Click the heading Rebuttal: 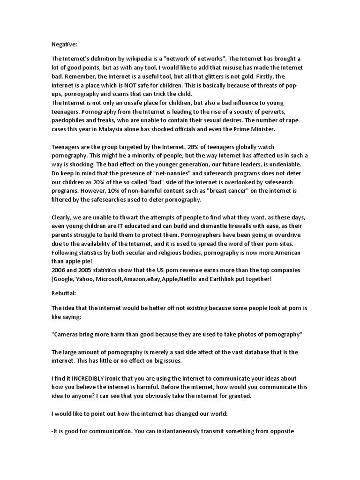pyautogui.click(x=64, y=293)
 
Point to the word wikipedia pyautogui.click(x=133, y=59)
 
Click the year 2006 pyautogui.click(x=59, y=271)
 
